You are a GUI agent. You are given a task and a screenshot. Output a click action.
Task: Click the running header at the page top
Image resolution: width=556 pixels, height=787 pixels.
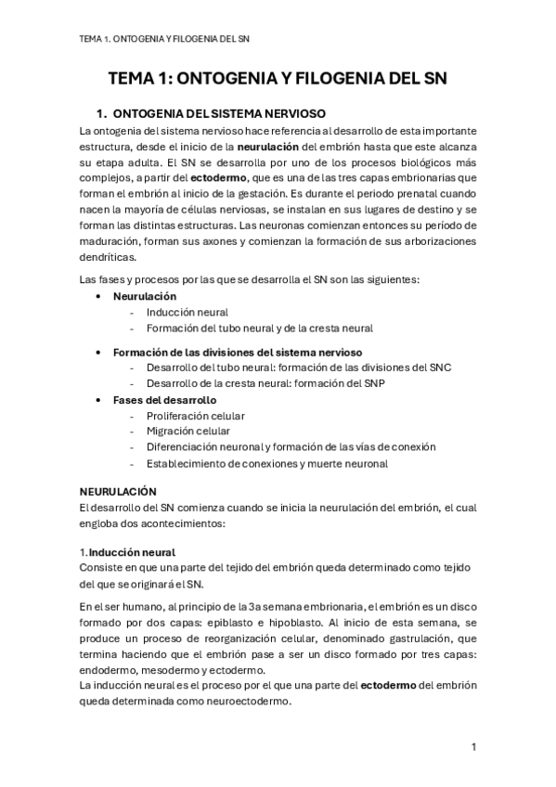(165, 39)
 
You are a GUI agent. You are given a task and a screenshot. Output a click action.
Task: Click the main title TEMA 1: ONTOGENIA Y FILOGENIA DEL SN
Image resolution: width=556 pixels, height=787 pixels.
(278, 80)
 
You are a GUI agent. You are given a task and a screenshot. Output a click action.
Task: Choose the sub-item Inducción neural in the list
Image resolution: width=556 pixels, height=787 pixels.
(187, 312)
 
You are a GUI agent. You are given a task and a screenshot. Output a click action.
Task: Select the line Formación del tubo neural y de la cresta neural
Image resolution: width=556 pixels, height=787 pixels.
(259, 328)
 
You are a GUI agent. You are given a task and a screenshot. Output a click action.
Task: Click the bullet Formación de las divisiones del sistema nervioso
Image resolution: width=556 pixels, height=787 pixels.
(238, 352)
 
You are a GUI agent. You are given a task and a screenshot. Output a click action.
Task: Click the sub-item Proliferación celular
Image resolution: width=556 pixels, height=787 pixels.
(195, 416)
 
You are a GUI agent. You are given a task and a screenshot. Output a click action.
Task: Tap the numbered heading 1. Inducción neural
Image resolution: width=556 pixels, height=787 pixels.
(127, 552)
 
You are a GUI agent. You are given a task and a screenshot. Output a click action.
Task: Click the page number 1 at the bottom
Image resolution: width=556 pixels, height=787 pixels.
(473, 747)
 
